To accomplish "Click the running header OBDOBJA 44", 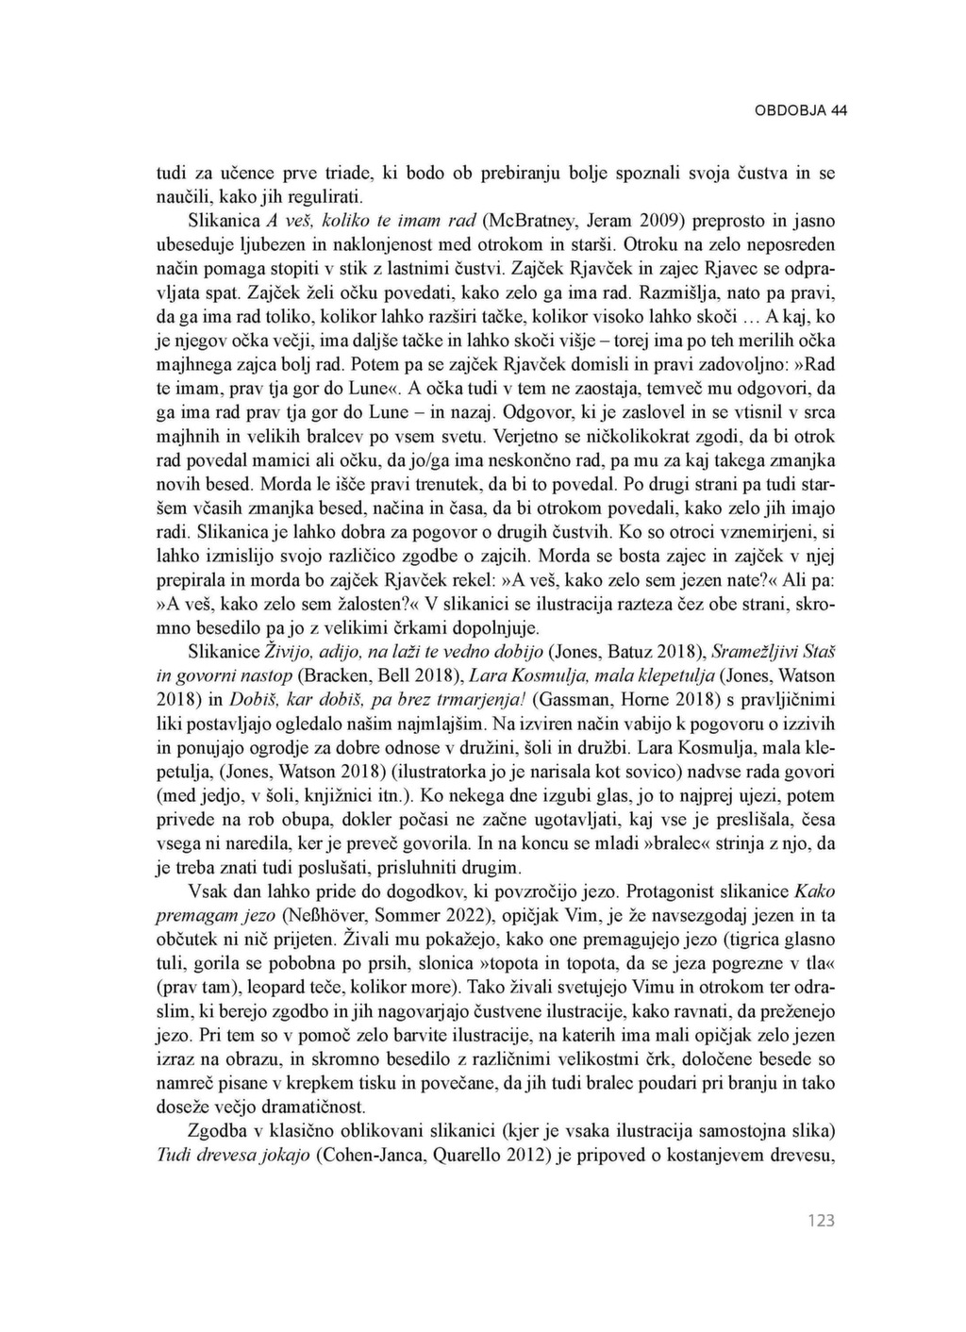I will point(801,110).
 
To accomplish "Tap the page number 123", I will point(822,1221).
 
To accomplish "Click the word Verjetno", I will point(529,436).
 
